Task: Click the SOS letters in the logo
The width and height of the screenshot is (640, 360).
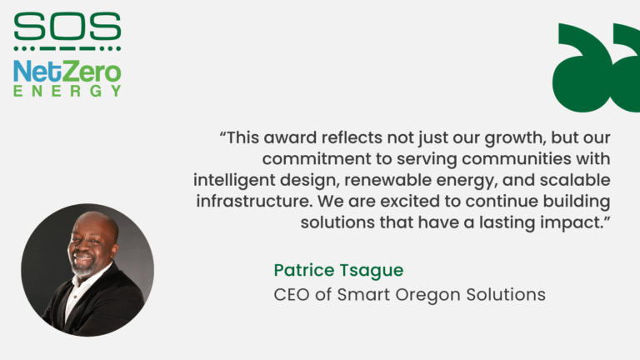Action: point(67,27)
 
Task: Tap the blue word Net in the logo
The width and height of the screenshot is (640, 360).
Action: point(35,72)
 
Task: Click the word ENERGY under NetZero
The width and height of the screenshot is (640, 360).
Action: point(67,91)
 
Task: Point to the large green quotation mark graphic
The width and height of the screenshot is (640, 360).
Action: point(597,67)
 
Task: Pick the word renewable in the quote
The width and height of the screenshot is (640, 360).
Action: point(386,180)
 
